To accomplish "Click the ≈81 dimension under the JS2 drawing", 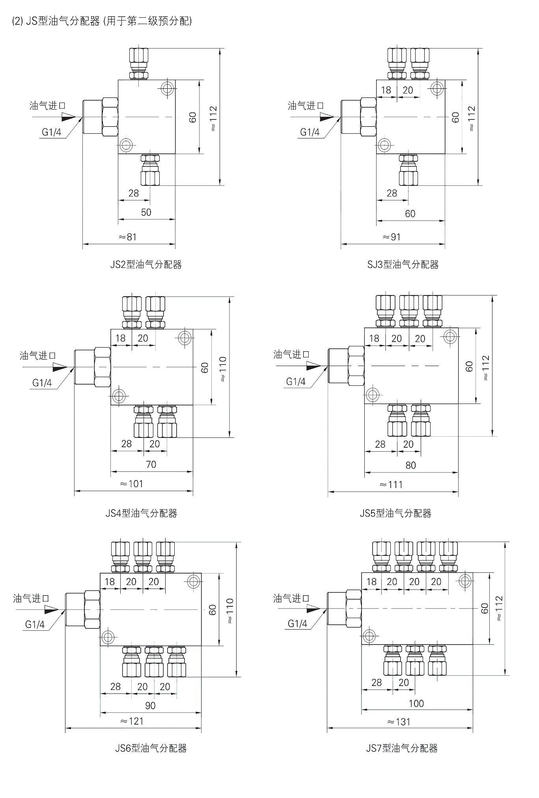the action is (x=127, y=237).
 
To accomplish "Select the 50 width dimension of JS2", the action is (x=146, y=212).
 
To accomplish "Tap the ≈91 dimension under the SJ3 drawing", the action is (x=392, y=237).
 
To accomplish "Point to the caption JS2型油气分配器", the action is (x=146, y=265).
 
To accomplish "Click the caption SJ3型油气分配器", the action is (x=403, y=265).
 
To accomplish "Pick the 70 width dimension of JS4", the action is (x=151, y=464).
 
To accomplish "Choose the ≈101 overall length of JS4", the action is (x=132, y=484).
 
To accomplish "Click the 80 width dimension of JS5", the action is (x=410, y=465).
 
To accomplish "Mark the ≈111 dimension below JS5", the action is (x=391, y=485).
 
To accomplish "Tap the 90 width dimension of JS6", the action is (x=150, y=706).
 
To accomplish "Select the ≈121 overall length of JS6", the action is (x=132, y=721).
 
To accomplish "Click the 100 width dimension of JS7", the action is (x=416, y=703).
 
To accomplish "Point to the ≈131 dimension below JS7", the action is (x=399, y=722).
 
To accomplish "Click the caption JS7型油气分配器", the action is (x=402, y=748).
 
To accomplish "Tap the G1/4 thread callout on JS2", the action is (x=52, y=132).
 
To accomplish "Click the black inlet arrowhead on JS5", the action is (x=314, y=366).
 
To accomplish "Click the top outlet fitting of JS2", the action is (x=139, y=64).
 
